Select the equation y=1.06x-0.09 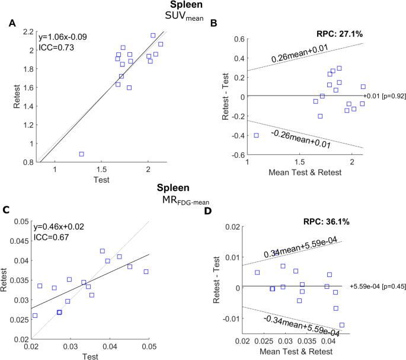coord(62,37)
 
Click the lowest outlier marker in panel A coord(81,154)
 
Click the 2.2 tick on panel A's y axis coord(27,32)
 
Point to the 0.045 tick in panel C coord(23,241)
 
